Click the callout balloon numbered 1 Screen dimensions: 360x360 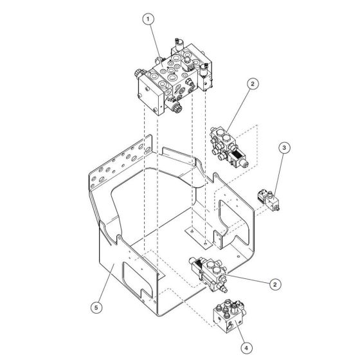(x=149, y=20)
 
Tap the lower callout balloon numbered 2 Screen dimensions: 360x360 (x=275, y=283)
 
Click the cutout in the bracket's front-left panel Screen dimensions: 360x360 (x=139, y=277)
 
